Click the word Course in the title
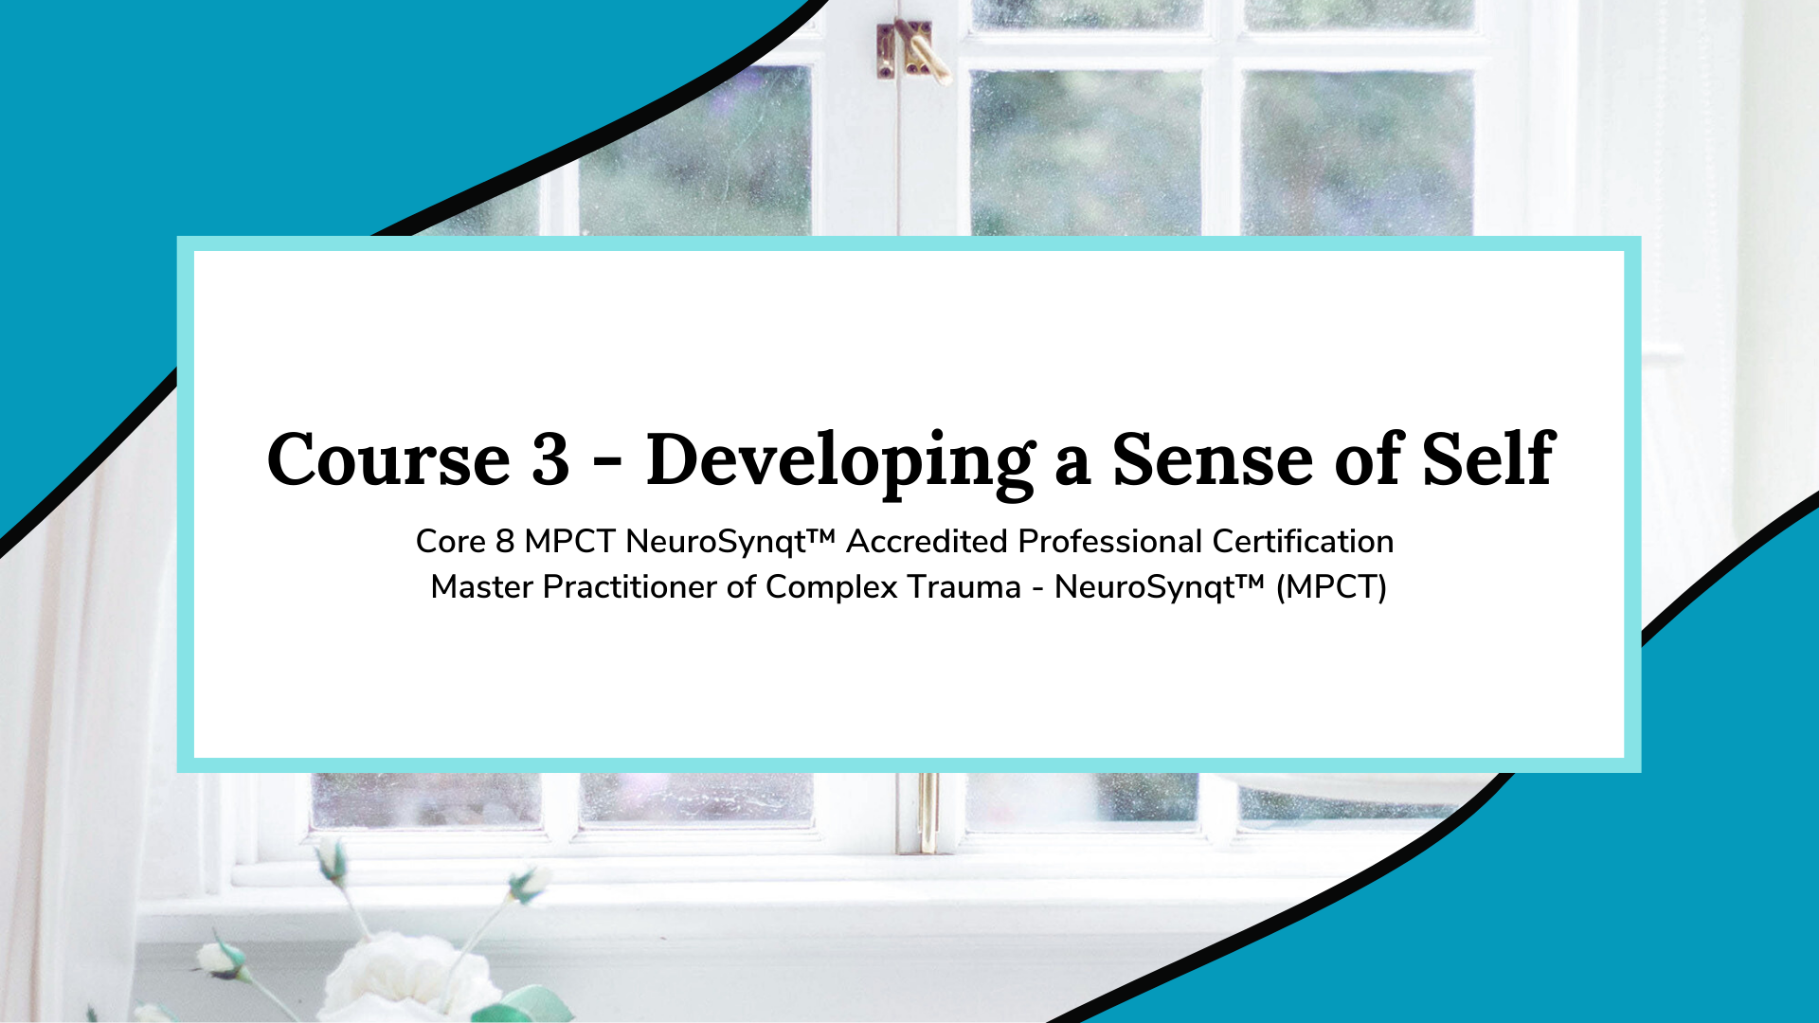[x=389, y=459]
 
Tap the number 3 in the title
[x=550, y=459]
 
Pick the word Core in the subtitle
[x=451, y=542]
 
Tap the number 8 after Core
[x=505, y=542]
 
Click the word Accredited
[x=927, y=542]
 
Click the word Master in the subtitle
[x=482, y=587]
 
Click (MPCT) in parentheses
[x=1331, y=588]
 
